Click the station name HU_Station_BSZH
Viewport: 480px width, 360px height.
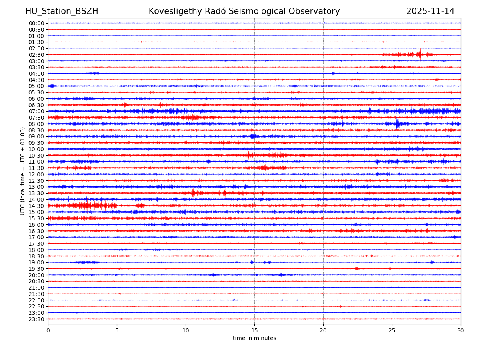[x=62, y=11]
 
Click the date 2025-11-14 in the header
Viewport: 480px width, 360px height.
[x=430, y=11]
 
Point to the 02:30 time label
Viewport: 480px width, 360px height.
[x=36, y=55]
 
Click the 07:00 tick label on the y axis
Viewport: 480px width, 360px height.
[x=36, y=111]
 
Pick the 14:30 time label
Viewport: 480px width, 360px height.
[x=36, y=206]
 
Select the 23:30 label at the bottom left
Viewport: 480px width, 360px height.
[x=36, y=319]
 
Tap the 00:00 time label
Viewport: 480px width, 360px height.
[x=36, y=23]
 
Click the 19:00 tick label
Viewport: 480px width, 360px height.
[x=36, y=262]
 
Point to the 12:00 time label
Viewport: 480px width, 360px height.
[x=36, y=174]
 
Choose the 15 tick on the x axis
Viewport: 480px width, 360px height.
[x=254, y=331]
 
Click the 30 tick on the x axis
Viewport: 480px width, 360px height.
[x=461, y=331]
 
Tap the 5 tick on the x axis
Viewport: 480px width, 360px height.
[x=117, y=331]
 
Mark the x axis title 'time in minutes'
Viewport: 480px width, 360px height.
[x=254, y=338]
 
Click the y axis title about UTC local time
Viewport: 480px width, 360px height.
[x=23, y=171]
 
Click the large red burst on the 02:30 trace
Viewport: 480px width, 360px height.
[x=419, y=54]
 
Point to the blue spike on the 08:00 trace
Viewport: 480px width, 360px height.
[x=398, y=124]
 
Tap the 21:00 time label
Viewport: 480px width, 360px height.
[x=36, y=288]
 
